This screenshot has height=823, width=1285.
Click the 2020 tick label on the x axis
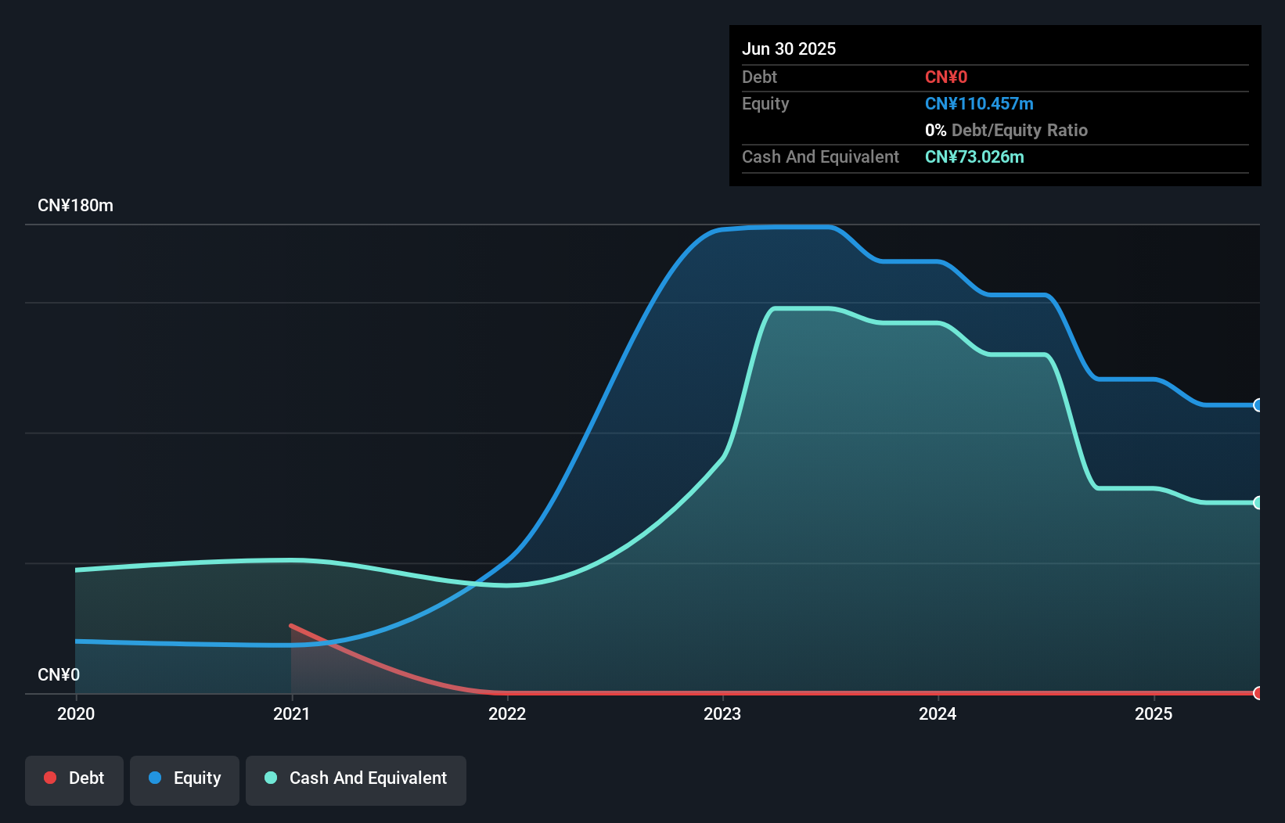click(76, 713)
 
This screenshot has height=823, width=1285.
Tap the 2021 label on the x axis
click(291, 713)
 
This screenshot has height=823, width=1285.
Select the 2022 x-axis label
click(507, 713)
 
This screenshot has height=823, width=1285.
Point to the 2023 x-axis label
click(722, 713)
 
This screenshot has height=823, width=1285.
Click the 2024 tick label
click(938, 713)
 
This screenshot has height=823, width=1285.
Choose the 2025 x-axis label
click(1154, 713)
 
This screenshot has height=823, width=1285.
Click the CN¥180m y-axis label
click(75, 206)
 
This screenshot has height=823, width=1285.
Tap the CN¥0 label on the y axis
click(59, 674)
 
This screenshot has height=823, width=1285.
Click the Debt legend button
click(74, 778)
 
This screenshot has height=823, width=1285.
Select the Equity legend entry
click(185, 778)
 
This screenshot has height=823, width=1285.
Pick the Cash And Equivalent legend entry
click(356, 778)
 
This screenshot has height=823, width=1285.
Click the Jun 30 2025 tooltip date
click(789, 49)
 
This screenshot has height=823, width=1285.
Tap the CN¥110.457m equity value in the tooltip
click(979, 103)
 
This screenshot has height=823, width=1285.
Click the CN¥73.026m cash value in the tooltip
click(974, 156)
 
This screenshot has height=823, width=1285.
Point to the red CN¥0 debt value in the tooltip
click(946, 77)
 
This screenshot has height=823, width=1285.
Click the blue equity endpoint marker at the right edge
click(1258, 405)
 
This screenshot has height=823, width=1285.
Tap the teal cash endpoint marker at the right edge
click(1258, 503)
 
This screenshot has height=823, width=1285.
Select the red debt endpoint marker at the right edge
click(1258, 693)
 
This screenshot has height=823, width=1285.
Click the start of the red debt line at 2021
click(292, 626)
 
